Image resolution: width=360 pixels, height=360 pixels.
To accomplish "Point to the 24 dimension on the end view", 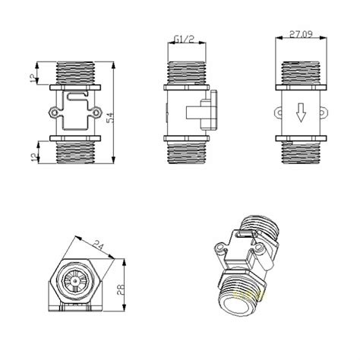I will pyautogui.click(x=98, y=245).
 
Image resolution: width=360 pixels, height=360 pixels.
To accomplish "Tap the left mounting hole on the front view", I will pyautogui.click(x=53, y=114).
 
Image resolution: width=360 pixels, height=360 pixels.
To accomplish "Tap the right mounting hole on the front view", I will pyautogui.click(x=97, y=114).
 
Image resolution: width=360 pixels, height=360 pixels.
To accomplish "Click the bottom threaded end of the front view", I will pyautogui.click(x=75, y=153).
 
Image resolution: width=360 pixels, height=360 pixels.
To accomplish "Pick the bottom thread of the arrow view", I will pyautogui.click(x=301, y=153).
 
